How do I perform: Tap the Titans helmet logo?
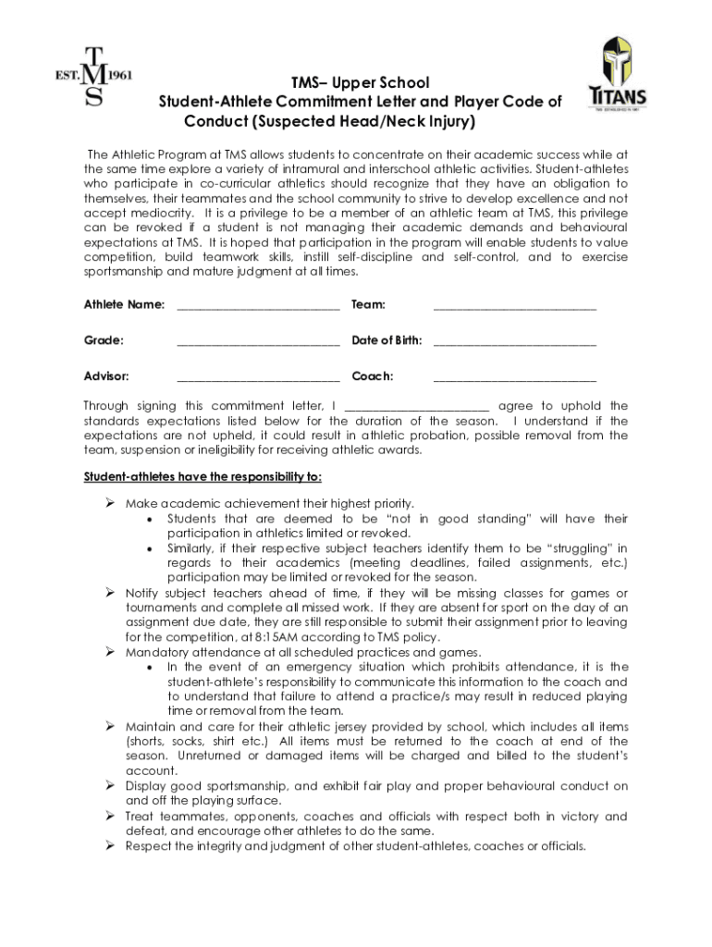click(x=619, y=74)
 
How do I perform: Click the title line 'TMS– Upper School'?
click(x=361, y=83)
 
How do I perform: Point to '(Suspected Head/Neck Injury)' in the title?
click(x=330, y=122)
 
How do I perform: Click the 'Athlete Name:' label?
click(x=125, y=304)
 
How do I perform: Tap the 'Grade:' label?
click(x=104, y=340)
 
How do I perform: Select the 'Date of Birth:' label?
click(x=387, y=340)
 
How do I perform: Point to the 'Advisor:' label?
click(x=107, y=376)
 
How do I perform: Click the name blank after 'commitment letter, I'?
click(x=416, y=407)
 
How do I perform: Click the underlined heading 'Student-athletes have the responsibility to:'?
click(x=203, y=477)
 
